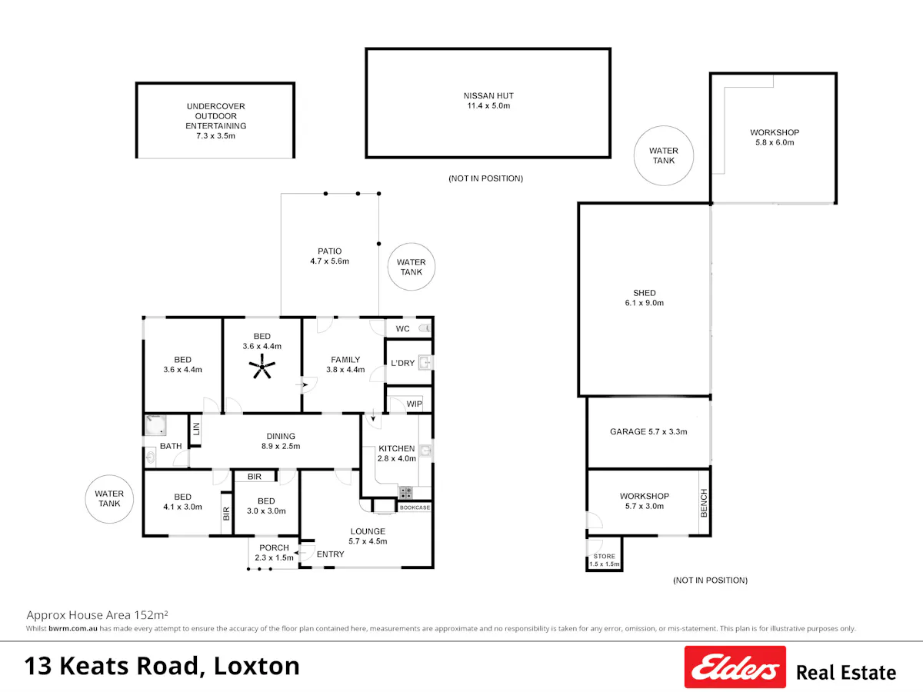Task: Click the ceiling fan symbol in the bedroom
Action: click(x=262, y=367)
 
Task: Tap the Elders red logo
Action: click(x=735, y=667)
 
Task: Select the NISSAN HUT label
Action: click(x=488, y=96)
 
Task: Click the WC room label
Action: click(x=402, y=328)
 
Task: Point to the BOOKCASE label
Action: click(x=415, y=507)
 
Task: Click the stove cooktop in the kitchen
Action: click(x=405, y=492)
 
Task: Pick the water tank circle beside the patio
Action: click(x=412, y=267)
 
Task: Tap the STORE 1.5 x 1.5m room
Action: click(x=605, y=554)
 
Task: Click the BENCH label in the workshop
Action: click(x=704, y=503)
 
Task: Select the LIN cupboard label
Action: click(x=196, y=429)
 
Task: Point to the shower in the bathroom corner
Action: click(x=155, y=424)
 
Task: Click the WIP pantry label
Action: click(x=414, y=404)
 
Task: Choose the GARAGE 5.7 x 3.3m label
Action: click(x=648, y=431)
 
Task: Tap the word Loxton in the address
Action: click(x=256, y=666)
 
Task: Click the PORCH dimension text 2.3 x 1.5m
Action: click(x=274, y=557)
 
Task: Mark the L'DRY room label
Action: click(x=402, y=363)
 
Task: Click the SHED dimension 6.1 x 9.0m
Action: click(x=645, y=302)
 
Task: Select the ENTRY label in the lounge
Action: click(x=330, y=554)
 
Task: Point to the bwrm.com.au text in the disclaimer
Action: click(x=73, y=628)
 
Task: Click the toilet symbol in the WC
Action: click(x=425, y=328)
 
